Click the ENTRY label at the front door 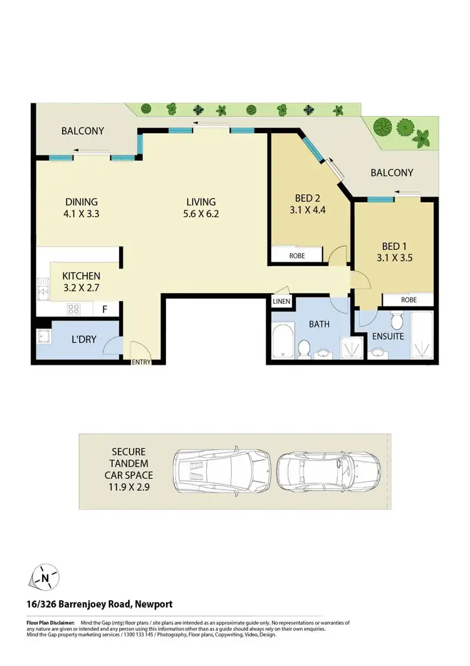pos(140,362)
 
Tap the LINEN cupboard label pos(281,302)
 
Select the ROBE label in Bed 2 pos(297,256)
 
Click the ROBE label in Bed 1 pos(409,300)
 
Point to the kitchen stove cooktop pos(73,308)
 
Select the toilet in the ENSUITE pos(396,322)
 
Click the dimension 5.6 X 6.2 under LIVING pos(201,213)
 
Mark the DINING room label pos(82,201)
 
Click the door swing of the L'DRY pos(114,345)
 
